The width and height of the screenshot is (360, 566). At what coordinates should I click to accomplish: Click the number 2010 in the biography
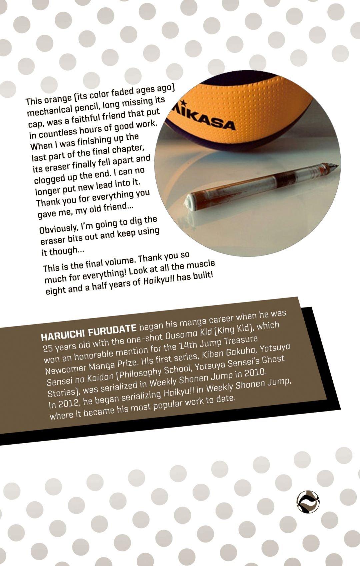click(254, 372)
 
